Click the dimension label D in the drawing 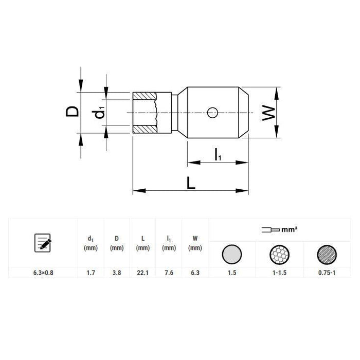(74, 111)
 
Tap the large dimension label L (191, 184)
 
